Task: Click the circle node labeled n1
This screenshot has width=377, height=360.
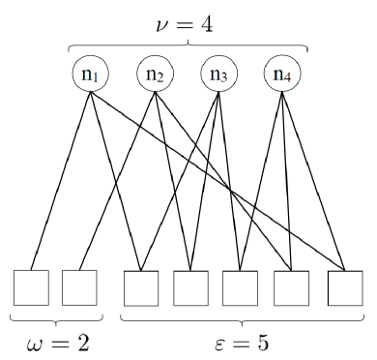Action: click(x=90, y=73)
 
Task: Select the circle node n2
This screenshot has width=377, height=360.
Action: click(x=155, y=73)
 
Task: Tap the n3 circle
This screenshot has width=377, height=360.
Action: click(x=219, y=73)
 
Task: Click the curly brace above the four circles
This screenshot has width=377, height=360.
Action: click(x=188, y=44)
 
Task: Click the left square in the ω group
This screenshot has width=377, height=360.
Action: click(x=31, y=287)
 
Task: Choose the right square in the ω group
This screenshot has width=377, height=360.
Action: click(x=79, y=287)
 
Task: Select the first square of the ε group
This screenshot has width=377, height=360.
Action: click(x=141, y=288)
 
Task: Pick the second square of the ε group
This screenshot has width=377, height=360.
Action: click(x=190, y=288)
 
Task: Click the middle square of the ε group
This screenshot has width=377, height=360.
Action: click(x=240, y=288)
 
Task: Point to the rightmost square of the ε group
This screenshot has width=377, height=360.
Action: click(x=345, y=288)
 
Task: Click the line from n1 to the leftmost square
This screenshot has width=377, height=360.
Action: click(x=60, y=179)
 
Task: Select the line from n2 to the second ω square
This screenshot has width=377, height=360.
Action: click(x=117, y=179)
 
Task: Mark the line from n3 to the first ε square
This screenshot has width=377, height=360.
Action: click(x=180, y=179)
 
